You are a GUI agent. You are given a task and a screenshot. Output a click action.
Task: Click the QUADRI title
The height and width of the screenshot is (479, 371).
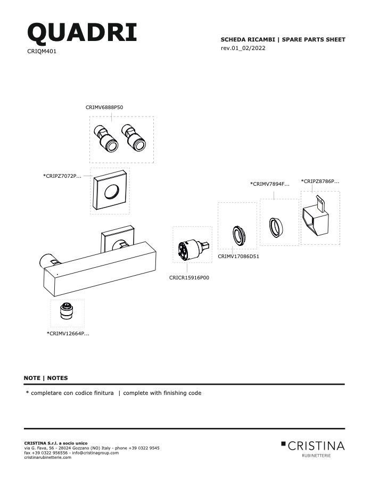point(82,32)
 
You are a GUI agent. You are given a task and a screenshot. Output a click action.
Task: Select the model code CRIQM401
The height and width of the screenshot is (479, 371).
point(42,51)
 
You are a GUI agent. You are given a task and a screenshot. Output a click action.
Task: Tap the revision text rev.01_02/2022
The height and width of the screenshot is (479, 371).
point(243,48)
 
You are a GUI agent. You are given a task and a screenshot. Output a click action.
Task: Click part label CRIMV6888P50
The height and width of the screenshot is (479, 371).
point(104,107)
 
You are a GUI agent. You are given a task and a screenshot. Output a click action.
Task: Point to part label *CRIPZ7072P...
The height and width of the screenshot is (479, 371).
point(62,176)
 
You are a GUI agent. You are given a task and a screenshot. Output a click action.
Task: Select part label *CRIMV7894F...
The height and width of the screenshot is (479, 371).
point(269,184)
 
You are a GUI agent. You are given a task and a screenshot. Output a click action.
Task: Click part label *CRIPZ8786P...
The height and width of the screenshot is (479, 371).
point(320,181)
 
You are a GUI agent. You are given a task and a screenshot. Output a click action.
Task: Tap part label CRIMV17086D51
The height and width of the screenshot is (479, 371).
point(238,257)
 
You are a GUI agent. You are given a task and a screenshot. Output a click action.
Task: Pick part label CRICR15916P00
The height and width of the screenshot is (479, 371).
point(189,278)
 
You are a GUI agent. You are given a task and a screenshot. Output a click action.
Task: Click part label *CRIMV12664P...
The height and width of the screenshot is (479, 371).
point(68,333)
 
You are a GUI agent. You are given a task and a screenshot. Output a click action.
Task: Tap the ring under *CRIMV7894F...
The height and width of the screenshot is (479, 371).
point(276,227)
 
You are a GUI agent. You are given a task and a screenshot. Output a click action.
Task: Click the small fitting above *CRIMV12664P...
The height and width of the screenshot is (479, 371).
point(67,311)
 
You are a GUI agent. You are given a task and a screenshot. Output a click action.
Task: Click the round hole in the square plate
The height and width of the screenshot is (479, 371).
point(112,192)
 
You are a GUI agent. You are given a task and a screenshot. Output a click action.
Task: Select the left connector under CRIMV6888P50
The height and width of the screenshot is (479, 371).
point(106,138)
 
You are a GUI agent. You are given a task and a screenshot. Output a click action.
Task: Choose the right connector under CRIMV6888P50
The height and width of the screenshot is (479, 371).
point(133,138)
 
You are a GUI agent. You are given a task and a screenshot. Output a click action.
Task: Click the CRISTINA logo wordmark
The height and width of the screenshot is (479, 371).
point(313,446)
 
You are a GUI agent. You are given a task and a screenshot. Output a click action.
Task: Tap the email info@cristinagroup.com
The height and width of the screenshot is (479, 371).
point(95,453)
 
